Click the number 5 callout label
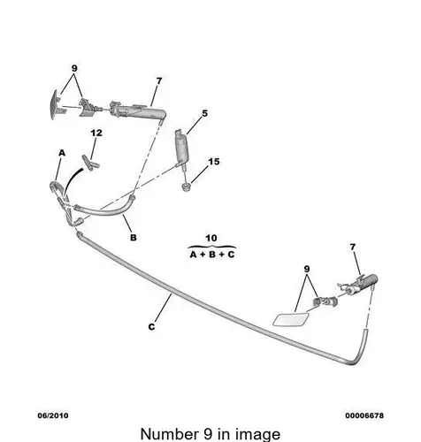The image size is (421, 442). pyautogui.click(x=205, y=113)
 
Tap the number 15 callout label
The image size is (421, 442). pyautogui.click(x=214, y=162)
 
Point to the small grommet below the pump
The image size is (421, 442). pyautogui.click(x=186, y=187)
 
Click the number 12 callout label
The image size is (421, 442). pyautogui.click(x=96, y=133)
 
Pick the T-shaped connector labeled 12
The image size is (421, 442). pyautogui.click(x=90, y=163)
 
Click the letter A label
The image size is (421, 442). pyautogui.click(x=62, y=153)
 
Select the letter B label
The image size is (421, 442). pyautogui.click(x=134, y=237)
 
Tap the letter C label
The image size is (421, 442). pyautogui.click(x=151, y=327)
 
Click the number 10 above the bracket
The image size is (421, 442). pyautogui.click(x=211, y=238)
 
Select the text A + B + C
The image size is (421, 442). pyautogui.click(x=212, y=255)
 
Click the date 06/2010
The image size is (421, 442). pyautogui.click(x=53, y=415)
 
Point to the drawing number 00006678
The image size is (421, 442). pyautogui.click(x=364, y=415)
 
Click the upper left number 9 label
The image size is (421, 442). pyautogui.click(x=74, y=68)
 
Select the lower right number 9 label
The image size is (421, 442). pyautogui.click(x=307, y=269)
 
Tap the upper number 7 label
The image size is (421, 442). pyautogui.click(x=159, y=80)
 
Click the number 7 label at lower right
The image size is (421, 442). pyautogui.click(x=353, y=248)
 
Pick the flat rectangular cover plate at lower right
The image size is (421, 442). pyautogui.click(x=291, y=319)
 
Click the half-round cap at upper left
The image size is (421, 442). pyautogui.click(x=57, y=104)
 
